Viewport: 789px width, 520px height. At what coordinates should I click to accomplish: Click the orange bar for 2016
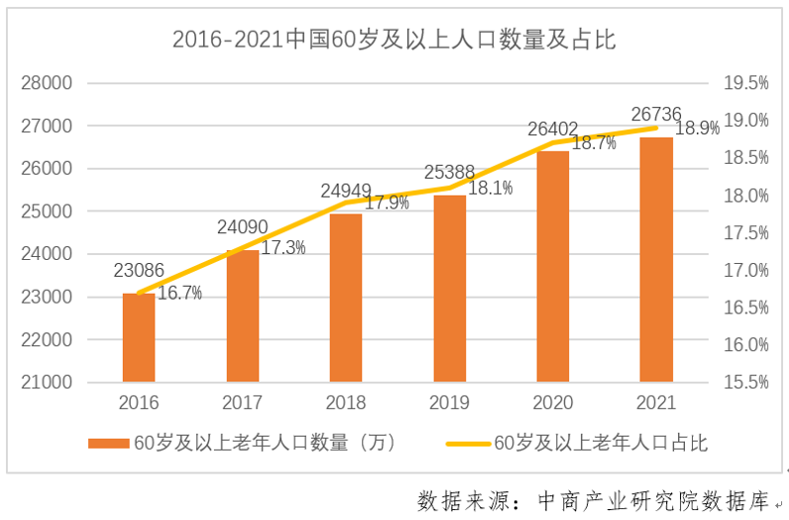tap(139, 337)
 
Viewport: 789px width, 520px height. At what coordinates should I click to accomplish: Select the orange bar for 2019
tap(449, 288)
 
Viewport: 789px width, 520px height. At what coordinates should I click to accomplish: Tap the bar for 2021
tap(656, 259)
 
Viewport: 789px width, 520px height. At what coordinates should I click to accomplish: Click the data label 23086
tap(138, 271)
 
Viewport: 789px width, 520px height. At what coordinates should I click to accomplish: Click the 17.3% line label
tap(283, 248)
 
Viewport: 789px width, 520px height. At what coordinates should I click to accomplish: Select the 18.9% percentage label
tap(697, 129)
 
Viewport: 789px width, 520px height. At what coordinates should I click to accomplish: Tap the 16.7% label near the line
tap(179, 293)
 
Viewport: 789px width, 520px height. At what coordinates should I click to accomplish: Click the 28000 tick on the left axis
tap(48, 83)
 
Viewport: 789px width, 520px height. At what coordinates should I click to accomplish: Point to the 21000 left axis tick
tap(48, 382)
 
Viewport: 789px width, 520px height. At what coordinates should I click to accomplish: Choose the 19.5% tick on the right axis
tap(745, 83)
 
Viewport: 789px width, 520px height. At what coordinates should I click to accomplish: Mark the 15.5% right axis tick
tap(745, 382)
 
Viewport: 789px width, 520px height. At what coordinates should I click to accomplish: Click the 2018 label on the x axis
tap(346, 403)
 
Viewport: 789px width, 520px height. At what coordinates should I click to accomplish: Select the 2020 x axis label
tap(553, 403)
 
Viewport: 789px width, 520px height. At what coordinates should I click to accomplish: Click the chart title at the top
tap(394, 40)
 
